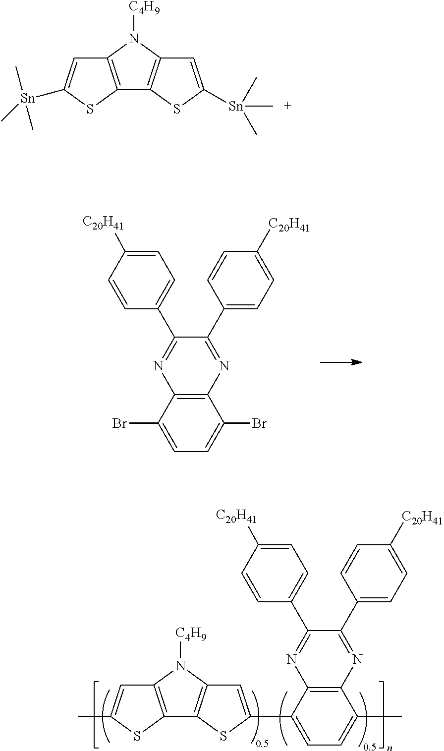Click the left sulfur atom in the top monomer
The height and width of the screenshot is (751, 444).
pyautogui.click(x=90, y=110)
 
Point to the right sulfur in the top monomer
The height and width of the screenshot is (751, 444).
pyautogui.click(x=177, y=110)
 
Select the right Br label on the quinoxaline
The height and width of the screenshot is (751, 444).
pyautogui.click(x=259, y=424)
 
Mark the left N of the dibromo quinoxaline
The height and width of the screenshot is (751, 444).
pyautogui.click(x=158, y=366)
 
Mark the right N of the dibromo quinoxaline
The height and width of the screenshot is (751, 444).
pyautogui.click(x=224, y=366)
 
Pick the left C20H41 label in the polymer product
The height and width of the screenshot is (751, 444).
pyautogui.click(x=236, y=518)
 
